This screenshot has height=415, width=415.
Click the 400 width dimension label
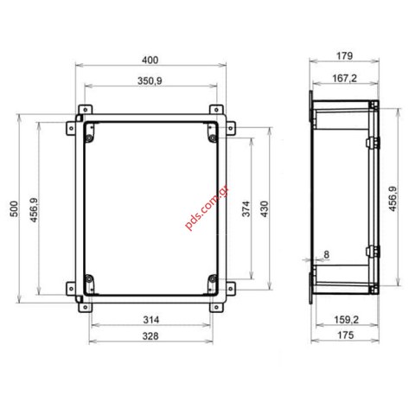tap(150, 60)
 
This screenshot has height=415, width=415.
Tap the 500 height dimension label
tap(13, 211)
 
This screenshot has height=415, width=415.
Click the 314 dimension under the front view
tap(150, 320)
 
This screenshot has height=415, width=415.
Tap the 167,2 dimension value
tap(343, 79)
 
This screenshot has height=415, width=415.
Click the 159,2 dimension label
tap(345, 320)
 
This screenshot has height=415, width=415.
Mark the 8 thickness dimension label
tap(325, 253)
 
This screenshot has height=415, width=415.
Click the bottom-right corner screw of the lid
tap(213, 278)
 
